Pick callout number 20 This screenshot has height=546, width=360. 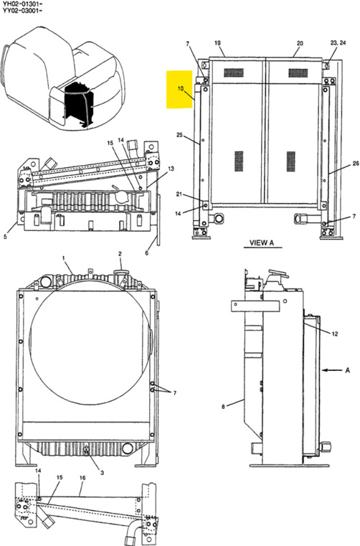click(x=300, y=43)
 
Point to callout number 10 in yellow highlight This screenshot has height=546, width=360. click(x=181, y=90)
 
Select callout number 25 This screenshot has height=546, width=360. click(x=179, y=135)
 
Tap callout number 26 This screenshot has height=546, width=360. click(x=354, y=164)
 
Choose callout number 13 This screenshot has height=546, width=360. click(x=171, y=169)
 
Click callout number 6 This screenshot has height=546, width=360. click(x=147, y=252)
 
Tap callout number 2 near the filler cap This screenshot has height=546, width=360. click(x=120, y=253)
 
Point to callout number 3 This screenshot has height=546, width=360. click(x=102, y=472)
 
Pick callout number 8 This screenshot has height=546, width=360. click(x=223, y=407)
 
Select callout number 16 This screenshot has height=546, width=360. click(x=82, y=478)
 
